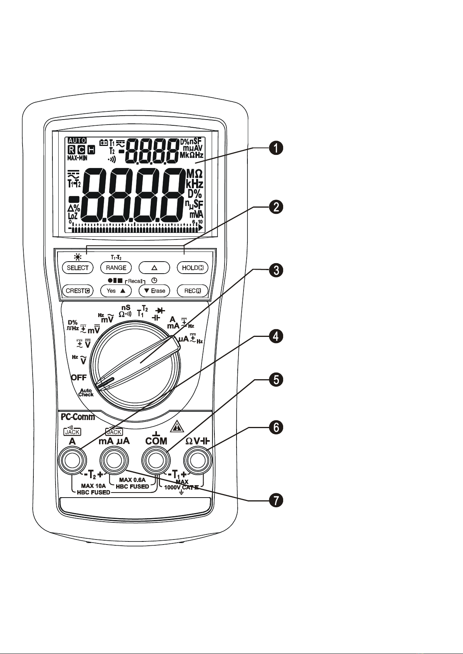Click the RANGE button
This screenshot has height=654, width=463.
[116, 267]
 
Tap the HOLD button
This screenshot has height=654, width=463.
[193, 267]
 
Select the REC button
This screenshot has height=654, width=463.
[193, 290]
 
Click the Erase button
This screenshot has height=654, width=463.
[155, 290]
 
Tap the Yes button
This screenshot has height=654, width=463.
[116, 290]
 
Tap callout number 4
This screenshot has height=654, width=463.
[275, 337]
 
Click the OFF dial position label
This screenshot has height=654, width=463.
[78, 377]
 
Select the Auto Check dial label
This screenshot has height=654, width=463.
[86, 392]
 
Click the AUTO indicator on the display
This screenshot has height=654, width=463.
[77, 141]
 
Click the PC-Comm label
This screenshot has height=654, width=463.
[78, 417]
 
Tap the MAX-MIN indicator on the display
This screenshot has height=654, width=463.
[77, 158]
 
